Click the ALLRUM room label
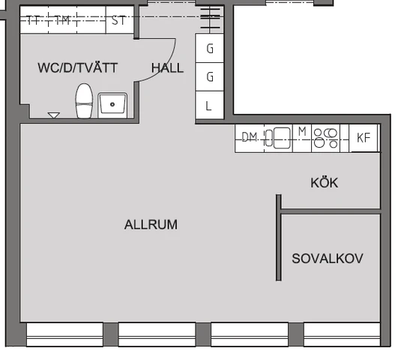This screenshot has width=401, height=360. pos(151,225)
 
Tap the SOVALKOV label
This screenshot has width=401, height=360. pos(328,259)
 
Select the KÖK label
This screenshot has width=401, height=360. pos(325,183)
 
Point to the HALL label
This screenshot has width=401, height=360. pos(167,68)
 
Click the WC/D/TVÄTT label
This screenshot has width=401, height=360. pos(77,67)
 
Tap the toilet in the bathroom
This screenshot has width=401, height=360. pos(84,100)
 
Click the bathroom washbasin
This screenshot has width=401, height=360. pos(112,105)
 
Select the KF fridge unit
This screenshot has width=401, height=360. pos(364,138)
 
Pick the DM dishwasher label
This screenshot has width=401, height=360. pos(250,137)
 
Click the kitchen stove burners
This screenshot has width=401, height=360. pos(325,139)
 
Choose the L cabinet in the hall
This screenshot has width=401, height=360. pos(209,105)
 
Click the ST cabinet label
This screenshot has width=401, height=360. pos(119,20)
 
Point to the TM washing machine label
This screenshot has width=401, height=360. pos(62,20)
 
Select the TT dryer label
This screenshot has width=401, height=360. pos(33,20)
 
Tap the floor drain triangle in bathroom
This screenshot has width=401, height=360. pos(54,115)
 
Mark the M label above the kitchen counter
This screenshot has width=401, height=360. pos(302,131)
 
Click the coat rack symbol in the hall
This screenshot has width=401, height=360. pos(210,19)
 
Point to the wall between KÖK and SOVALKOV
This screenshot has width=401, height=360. pos(331,211)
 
